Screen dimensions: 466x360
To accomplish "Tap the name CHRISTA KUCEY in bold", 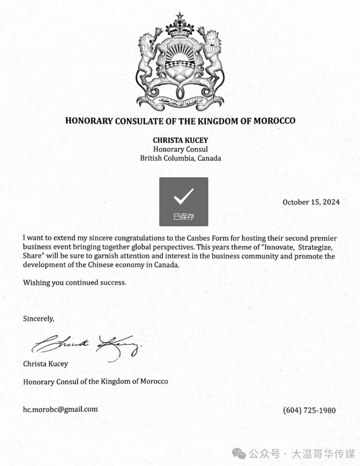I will tap(180, 140).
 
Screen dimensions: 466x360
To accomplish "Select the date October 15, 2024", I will tap(311, 202).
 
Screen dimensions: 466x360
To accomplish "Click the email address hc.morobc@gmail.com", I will tap(60, 409).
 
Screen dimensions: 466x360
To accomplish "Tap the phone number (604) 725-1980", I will tap(309, 410).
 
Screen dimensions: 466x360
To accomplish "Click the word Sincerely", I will tap(39, 319).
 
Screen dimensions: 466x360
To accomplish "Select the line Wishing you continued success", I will tap(74, 283).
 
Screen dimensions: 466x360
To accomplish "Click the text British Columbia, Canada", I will tap(180, 158).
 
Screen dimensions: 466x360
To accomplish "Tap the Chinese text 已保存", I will tap(183, 217).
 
